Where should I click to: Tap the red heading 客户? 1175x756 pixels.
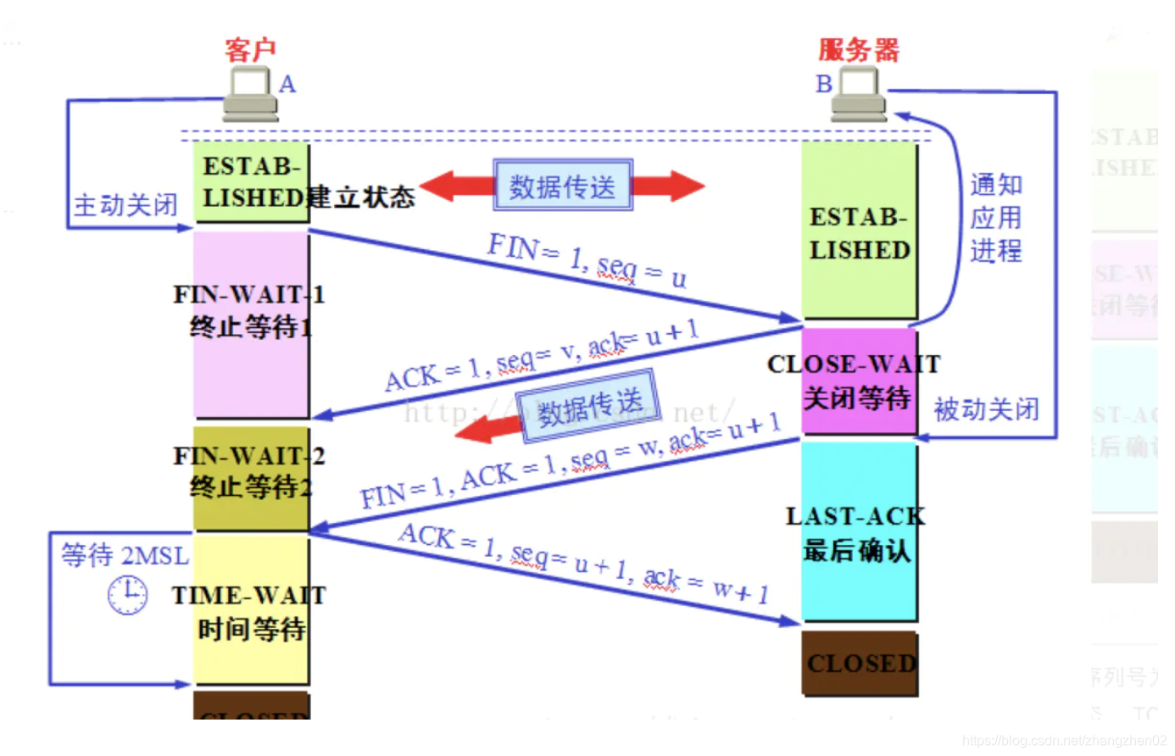250,49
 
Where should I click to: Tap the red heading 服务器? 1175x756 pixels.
858,49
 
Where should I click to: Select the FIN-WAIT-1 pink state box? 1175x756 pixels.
251,325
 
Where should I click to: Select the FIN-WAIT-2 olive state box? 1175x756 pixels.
251,477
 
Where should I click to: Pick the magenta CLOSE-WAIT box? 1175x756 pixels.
858,381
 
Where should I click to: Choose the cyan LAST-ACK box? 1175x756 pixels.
858,532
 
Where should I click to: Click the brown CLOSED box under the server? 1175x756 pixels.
860,663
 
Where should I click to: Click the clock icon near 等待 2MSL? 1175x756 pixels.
127,594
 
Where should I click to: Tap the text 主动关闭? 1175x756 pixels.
125,205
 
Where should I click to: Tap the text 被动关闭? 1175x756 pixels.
986,410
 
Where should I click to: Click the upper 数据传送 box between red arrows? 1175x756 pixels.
563,186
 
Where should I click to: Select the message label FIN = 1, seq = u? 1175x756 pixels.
587,261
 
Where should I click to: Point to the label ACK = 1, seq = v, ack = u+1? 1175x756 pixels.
541,355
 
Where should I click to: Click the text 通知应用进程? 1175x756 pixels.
995,218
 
